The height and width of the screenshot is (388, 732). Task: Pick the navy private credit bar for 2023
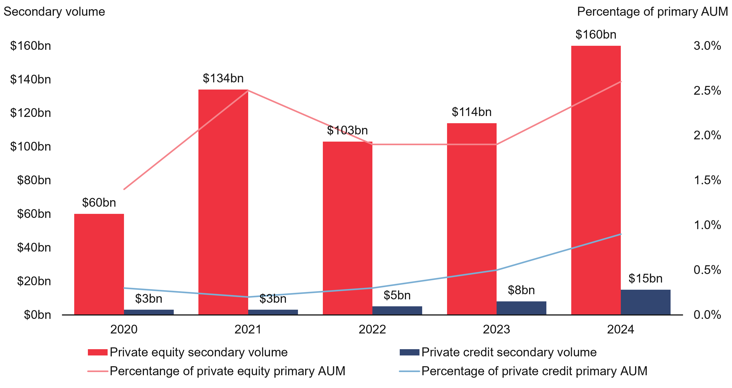tap(521, 308)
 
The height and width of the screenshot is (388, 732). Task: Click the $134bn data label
tap(223, 78)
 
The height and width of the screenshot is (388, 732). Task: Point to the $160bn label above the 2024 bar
tap(596, 34)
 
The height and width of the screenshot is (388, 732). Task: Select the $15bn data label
tap(645, 278)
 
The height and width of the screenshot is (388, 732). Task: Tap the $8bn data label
tap(521, 290)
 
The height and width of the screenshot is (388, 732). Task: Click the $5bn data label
tap(397, 295)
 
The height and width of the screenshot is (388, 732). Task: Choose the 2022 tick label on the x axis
tap(372, 329)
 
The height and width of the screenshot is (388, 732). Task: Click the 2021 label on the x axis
tap(248, 329)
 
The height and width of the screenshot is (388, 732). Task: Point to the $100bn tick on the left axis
tap(30, 147)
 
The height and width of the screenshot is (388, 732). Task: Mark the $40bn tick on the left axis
tap(34, 248)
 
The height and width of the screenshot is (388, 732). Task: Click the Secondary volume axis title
tap(54, 12)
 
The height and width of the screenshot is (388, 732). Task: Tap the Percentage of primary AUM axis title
tap(652, 12)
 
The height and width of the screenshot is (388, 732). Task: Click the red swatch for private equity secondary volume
tap(98, 352)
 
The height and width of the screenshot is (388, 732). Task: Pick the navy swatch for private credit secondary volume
tap(409, 352)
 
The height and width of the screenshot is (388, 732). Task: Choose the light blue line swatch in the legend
tap(409, 371)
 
